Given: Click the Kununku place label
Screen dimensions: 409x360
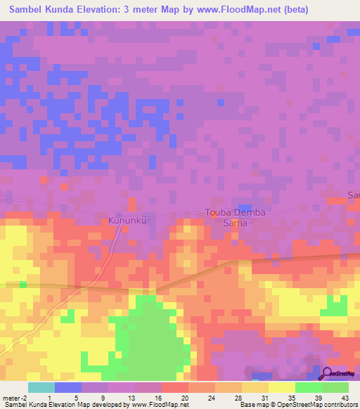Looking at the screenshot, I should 127,220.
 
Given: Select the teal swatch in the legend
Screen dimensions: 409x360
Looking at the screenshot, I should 41,387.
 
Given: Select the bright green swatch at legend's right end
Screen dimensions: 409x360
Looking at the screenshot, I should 335,387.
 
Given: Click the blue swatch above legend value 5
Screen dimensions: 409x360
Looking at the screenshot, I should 67,387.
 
